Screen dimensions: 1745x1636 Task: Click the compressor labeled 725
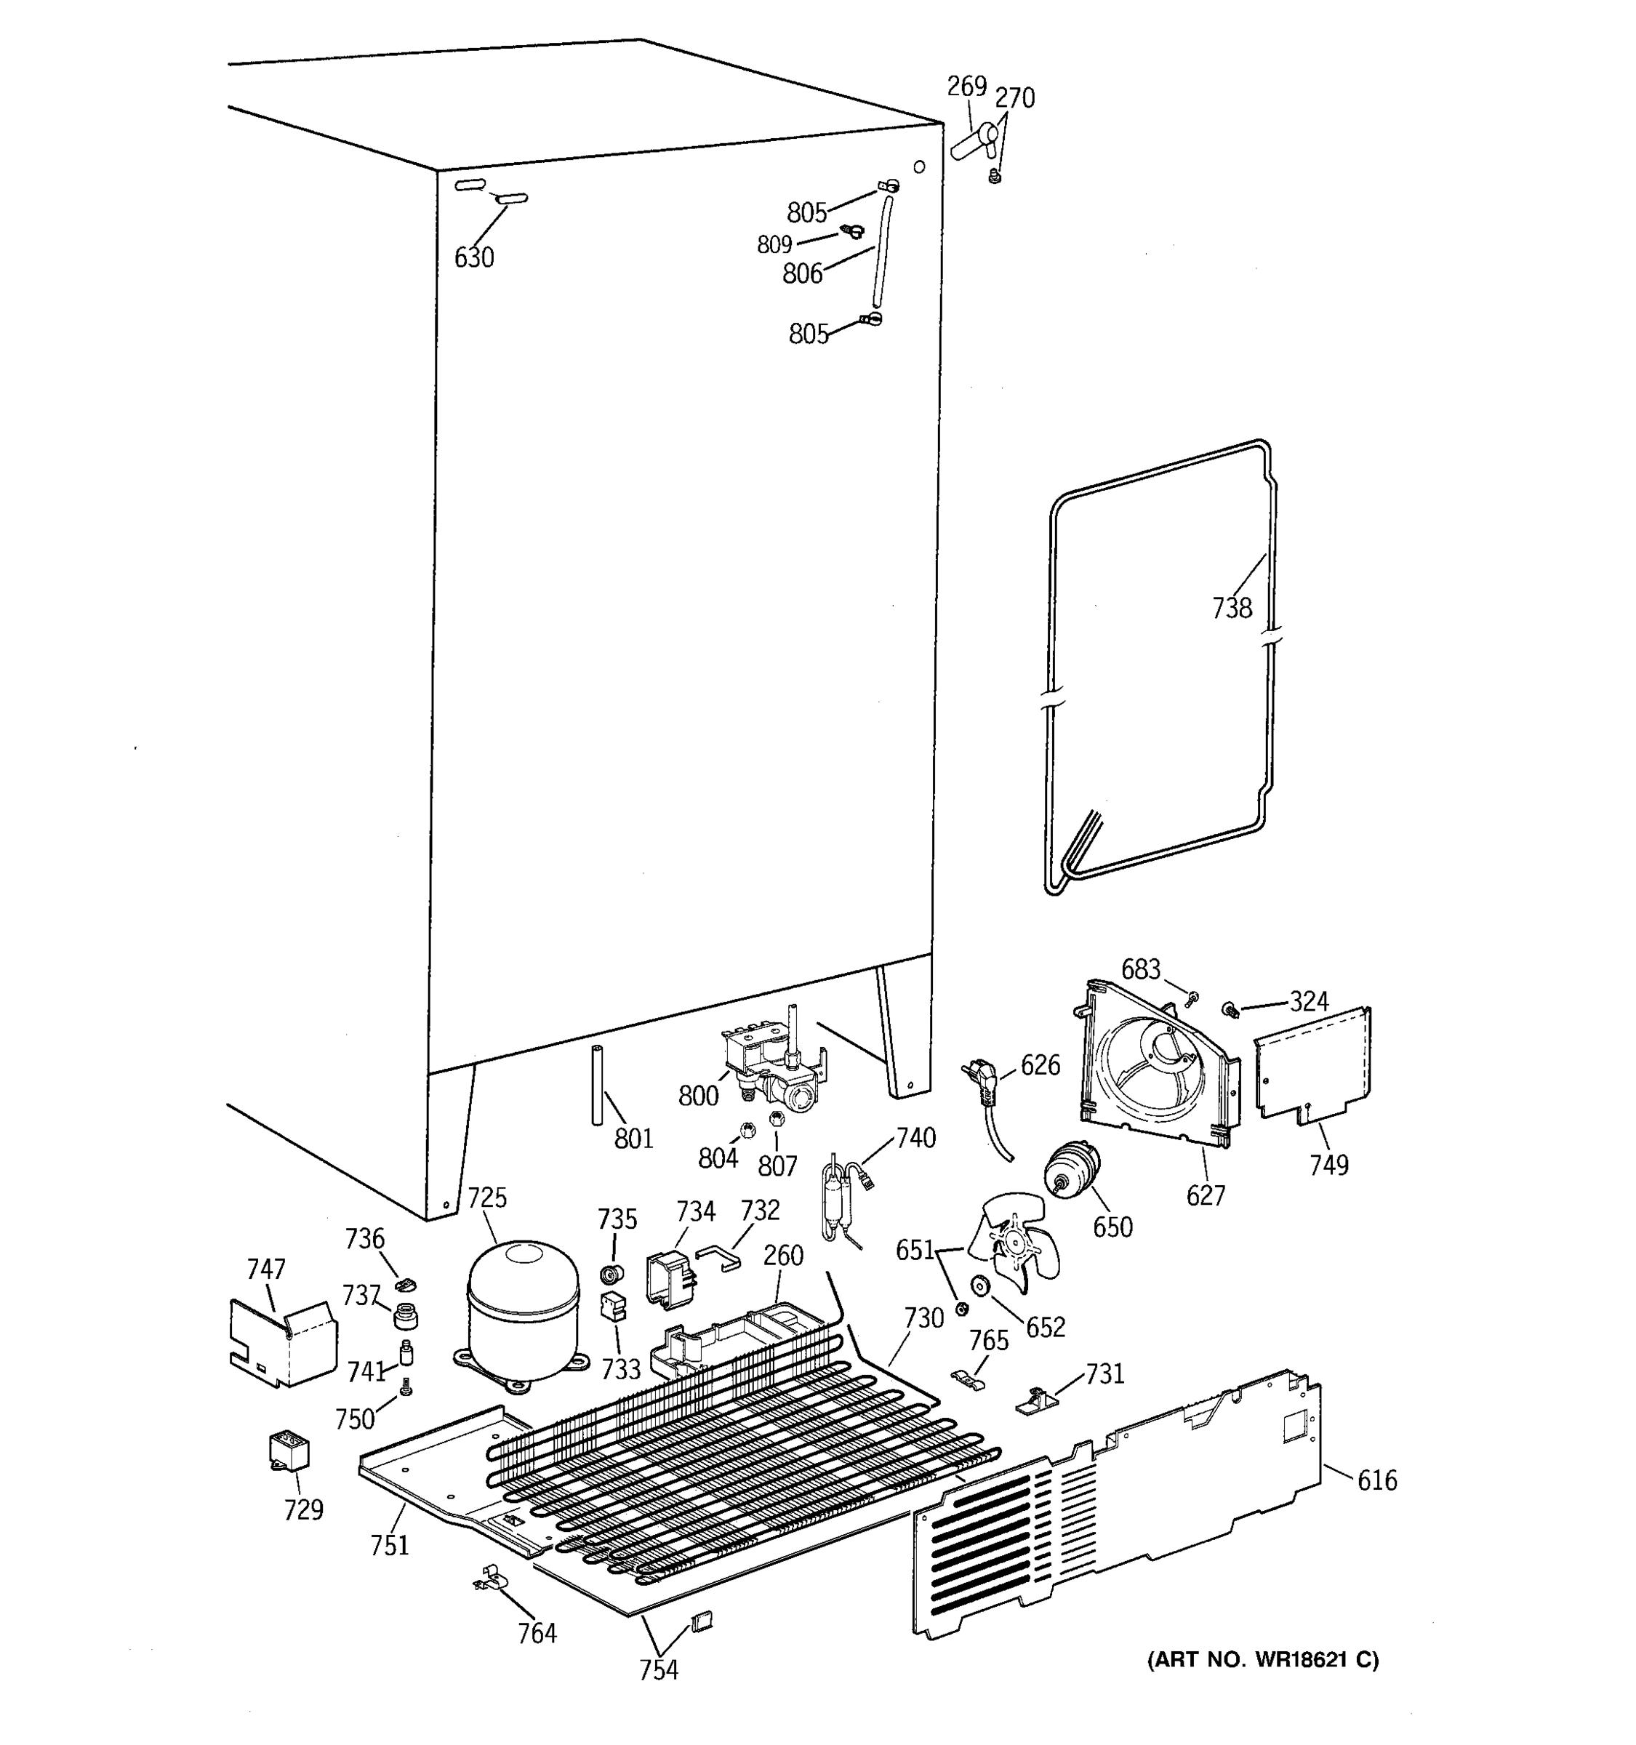coord(523,1314)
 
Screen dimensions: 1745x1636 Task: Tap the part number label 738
coord(1232,607)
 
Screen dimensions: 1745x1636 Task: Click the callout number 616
coord(1376,1481)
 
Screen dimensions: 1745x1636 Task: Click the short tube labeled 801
coord(598,1085)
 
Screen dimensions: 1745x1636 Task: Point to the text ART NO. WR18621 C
coord(1263,1660)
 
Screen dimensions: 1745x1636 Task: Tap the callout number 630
coord(474,258)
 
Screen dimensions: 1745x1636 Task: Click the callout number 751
coord(389,1545)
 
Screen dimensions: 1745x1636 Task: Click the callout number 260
coord(783,1255)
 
